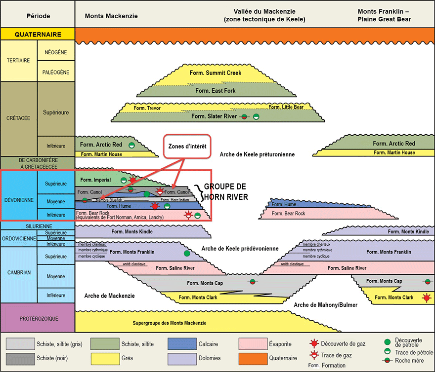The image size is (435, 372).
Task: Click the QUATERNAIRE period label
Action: tap(38, 35)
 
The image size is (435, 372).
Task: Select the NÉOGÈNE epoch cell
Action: tap(56, 52)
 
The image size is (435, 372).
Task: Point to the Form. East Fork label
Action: tap(216, 91)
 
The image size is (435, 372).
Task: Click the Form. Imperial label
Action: tap(95, 179)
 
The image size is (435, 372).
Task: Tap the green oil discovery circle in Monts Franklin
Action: tap(187, 253)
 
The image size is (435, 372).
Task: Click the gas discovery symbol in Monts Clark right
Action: tap(427, 298)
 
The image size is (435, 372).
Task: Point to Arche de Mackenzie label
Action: tap(109, 296)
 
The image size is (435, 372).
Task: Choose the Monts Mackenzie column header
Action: tap(111, 16)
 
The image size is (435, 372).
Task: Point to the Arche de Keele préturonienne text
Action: tap(257, 154)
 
